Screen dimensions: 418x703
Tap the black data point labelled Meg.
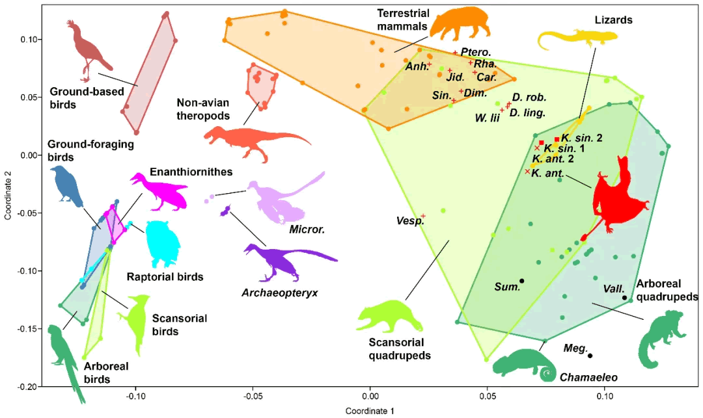pyautogui.click(x=590, y=356)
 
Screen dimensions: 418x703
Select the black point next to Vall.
pyautogui.click(x=625, y=298)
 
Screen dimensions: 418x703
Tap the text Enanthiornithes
pyautogui.click(x=186, y=172)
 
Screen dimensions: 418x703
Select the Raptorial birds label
pyautogui.click(x=165, y=277)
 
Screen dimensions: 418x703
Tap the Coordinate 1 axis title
pyautogui.click(x=370, y=410)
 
